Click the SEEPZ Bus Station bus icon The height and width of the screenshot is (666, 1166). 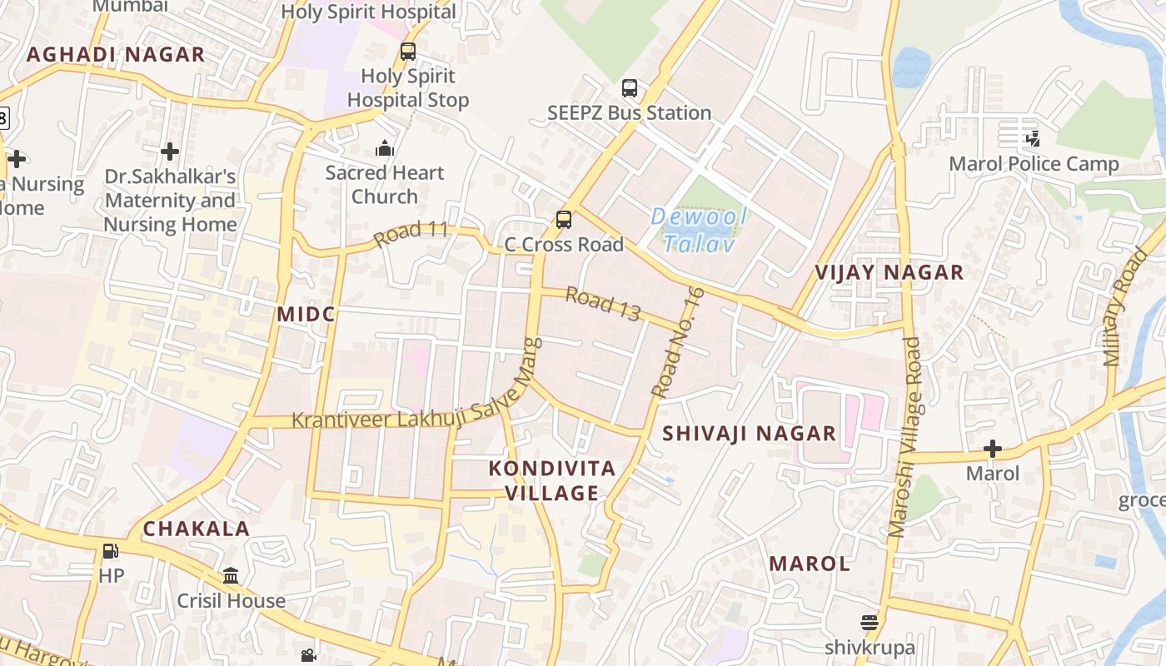[x=630, y=88]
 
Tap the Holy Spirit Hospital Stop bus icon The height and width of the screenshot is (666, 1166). [x=408, y=52]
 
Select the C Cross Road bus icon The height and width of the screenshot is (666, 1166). [x=564, y=220]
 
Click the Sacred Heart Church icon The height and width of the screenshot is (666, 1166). [x=385, y=148]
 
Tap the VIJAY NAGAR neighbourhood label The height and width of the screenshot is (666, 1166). [x=889, y=272]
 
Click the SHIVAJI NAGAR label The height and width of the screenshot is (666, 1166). [x=749, y=433]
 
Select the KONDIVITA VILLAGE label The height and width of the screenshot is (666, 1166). [x=552, y=480]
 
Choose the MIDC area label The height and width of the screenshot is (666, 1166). [x=306, y=314]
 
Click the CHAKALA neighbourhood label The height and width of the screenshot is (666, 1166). [x=197, y=529]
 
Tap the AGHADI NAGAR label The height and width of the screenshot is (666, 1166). [x=116, y=55]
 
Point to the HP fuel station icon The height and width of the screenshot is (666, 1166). [x=110, y=551]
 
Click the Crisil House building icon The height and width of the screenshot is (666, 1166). [x=231, y=576]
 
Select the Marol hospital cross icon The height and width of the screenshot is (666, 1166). [x=992, y=450]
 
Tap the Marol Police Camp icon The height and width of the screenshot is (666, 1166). [x=1033, y=139]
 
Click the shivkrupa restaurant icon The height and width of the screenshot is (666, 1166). [x=870, y=623]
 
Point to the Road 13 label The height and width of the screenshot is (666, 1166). [x=603, y=303]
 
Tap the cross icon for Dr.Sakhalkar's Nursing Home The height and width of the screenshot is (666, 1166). [x=170, y=152]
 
